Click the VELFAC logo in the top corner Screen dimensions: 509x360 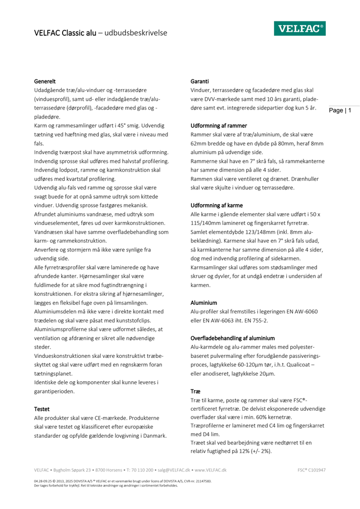(x=299, y=29)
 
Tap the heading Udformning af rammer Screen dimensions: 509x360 (x=218, y=126)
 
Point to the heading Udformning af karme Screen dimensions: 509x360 (x=216, y=206)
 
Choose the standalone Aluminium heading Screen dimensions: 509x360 (x=204, y=303)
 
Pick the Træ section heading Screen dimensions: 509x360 (x=196, y=392)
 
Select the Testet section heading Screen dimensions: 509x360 (x=42, y=409)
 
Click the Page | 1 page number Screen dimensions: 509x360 (x=341, y=110)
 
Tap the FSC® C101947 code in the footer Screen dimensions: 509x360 (x=311, y=470)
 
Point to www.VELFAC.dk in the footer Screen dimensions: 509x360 (x=210, y=470)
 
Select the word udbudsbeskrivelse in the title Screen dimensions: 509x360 (x=135, y=33)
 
